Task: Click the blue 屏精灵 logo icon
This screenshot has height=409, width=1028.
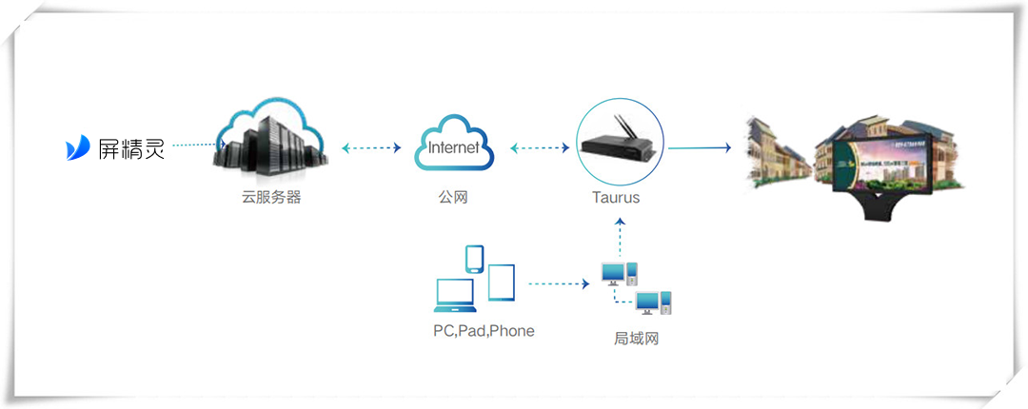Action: pos(78,147)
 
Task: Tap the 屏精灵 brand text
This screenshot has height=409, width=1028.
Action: pos(131,148)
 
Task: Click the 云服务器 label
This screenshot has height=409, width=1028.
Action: pos(270,199)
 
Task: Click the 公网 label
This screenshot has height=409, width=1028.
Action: pos(453,199)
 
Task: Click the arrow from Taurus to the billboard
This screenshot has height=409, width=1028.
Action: pos(699,147)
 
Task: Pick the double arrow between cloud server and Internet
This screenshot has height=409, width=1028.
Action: pos(371,147)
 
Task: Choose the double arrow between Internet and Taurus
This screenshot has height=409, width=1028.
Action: pos(539,147)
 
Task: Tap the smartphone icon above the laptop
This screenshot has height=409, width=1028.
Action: pos(473,260)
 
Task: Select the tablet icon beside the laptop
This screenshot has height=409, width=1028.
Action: pos(502,282)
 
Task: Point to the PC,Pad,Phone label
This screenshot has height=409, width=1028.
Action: pos(484,332)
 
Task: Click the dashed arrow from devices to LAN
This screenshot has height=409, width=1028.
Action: pos(559,283)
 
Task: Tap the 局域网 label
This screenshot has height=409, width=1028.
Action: pos(636,338)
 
